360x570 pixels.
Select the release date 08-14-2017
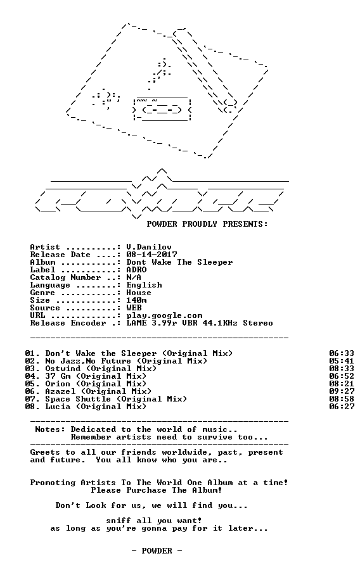pos(151,255)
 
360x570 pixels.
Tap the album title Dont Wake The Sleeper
pos(179,262)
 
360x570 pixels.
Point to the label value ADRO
pos(137,270)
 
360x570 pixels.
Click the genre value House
pos(139,293)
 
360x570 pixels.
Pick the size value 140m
pos(137,300)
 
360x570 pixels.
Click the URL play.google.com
pos(164,316)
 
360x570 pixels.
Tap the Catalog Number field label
pos(65,278)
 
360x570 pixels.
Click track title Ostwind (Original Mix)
pos(101,369)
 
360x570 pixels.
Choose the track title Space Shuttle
pos(78,399)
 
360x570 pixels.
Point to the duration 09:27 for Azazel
pos(342,391)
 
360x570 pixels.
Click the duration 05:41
pos(342,361)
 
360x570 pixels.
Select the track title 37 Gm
pos(58,376)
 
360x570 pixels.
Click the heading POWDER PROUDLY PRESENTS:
pos(207,224)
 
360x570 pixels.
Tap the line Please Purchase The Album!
pos(157,490)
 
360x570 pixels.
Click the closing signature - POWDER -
pos(157,551)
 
